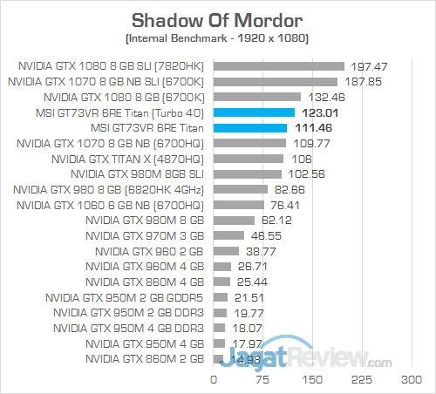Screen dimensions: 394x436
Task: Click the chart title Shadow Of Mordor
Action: (x=217, y=19)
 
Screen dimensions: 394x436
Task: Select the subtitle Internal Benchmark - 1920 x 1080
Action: (x=217, y=39)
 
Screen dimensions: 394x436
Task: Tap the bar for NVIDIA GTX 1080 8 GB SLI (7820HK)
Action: (x=278, y=65)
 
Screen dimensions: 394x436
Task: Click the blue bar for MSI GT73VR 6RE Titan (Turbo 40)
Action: (x=254, y=112)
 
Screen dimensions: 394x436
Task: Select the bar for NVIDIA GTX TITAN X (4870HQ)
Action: (x=249, y=160)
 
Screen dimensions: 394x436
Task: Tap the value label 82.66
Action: (x=289, y=190)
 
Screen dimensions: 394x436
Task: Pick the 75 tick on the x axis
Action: (x=262, y=380)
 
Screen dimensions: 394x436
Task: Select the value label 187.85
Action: (x=361, y=81)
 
